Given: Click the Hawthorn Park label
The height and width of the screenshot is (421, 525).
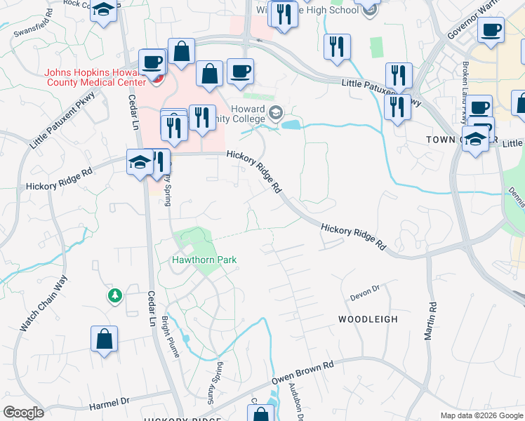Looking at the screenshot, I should pyautogui.click(x=204, y=260).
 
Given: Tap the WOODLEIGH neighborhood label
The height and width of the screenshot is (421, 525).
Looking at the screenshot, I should pyautogui.click(x=368, y=319).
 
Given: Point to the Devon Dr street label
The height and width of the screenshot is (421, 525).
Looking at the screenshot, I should pyautogui.click(x=365, y=288).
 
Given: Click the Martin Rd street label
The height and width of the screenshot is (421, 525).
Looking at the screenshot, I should pyautogui.click(x=430, y=321).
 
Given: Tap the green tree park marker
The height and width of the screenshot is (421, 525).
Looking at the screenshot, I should pyautogui.click(x=114, y=296).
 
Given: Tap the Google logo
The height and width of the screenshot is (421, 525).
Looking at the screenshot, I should pyautogui.click(x=22, y=413).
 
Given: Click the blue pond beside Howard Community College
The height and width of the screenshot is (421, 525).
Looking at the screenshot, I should pyautogui.click(x=291, y=125).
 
